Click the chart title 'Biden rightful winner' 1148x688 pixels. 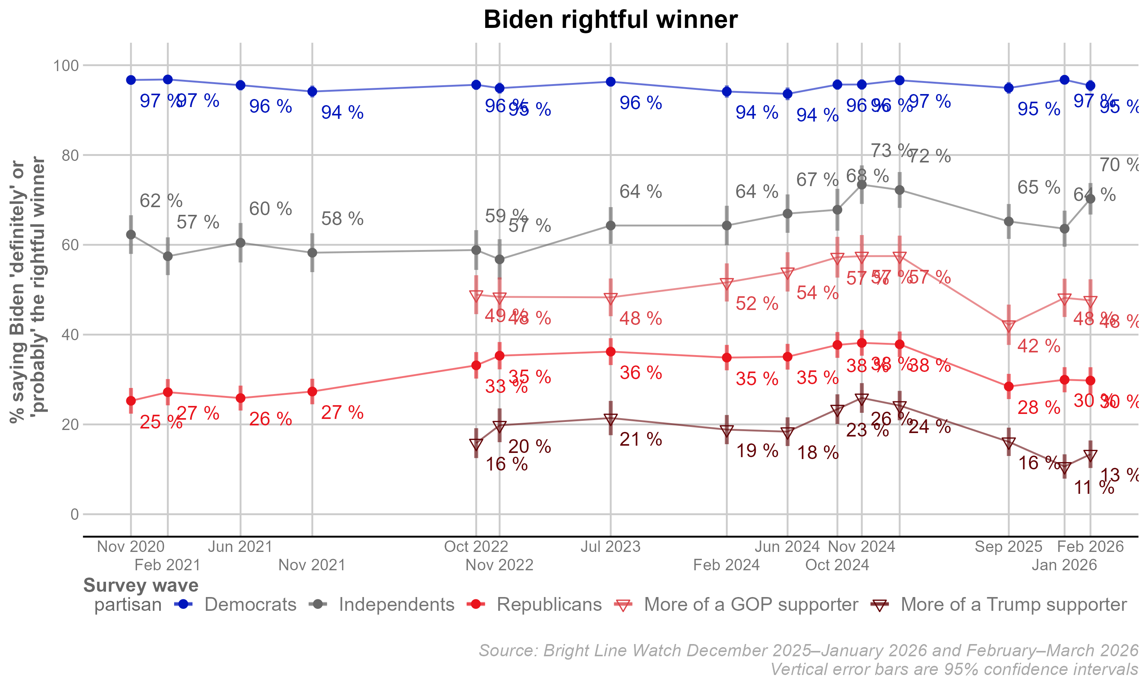610,20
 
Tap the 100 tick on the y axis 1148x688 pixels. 66,65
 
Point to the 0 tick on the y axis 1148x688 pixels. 74,514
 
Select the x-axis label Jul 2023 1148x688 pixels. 610,547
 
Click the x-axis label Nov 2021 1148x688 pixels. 312,565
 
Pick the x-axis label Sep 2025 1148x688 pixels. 1008,547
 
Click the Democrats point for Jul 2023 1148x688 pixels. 611,82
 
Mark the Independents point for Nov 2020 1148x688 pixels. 131,235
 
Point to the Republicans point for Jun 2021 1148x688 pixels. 240,398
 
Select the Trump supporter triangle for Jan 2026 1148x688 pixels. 1065,467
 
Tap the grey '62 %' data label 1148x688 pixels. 161,201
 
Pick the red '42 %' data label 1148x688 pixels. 1039,346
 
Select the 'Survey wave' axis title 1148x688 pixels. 140,586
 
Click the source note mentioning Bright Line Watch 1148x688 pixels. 808,651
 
